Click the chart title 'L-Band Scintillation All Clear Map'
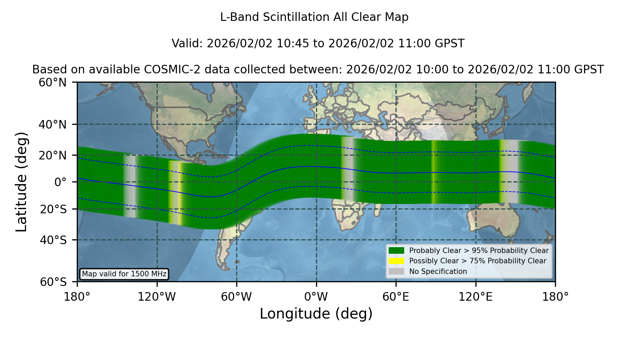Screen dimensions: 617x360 [x=314, y=17]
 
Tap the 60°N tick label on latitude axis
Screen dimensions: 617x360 [x=52, y=82]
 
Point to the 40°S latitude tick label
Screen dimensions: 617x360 [x=53, y=240]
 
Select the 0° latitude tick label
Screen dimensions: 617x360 [x=60, y=182]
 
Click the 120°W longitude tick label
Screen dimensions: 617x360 [x=157, y=297]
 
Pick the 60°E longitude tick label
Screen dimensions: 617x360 [x=396, y=297]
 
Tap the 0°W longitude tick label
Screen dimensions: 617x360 [x=316, y=297]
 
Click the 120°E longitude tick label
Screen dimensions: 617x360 [x=475, y=297]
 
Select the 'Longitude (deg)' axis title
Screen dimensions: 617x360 [x=316, y=314]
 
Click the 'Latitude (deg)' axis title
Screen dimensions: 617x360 [x=22, y=182]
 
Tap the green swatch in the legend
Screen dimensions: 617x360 [x=396, y=250]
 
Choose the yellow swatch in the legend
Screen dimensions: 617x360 [x=396, y=261]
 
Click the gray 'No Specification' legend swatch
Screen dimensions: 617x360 [x=396, y=272]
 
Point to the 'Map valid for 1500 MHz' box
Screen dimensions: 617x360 [x=124, y=274]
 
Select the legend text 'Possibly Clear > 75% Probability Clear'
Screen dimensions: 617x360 [x=477, y=261]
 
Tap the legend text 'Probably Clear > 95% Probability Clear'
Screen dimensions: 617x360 [x=479, y=250]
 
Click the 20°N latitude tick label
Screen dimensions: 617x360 [x=52, y=155]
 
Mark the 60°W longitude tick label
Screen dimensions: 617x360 [x=236, y=297]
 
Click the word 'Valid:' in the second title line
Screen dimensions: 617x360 [x=187, y=44]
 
